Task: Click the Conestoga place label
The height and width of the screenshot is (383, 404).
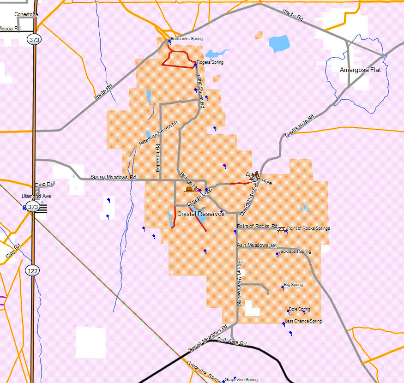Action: click(26, 14)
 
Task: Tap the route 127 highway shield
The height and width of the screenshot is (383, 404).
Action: click(32, 271)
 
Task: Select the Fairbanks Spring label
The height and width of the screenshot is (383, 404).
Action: click(187, 39)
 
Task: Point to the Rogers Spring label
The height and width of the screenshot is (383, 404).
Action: click(210, 62)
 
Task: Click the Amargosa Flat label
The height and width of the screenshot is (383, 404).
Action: click(360, 70)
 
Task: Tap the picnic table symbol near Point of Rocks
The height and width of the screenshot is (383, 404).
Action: click(281, 227)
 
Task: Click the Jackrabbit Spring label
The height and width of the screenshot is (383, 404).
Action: click(295, 251)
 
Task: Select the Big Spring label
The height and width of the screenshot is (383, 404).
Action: click(294, 285)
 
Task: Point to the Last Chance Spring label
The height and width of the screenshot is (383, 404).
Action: click(303, 321)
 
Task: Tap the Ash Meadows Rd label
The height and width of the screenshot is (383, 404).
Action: click(256, 245)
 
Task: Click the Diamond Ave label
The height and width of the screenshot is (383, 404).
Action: click(36, 196)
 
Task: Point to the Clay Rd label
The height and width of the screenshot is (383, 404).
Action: click(13, 251)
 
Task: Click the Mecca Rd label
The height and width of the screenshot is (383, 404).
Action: click(10, 29)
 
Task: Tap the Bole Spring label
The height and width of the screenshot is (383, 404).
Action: click(299, 309)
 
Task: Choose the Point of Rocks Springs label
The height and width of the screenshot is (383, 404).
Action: click(308, 228)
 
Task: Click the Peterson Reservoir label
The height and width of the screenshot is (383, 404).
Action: click(158, 133)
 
